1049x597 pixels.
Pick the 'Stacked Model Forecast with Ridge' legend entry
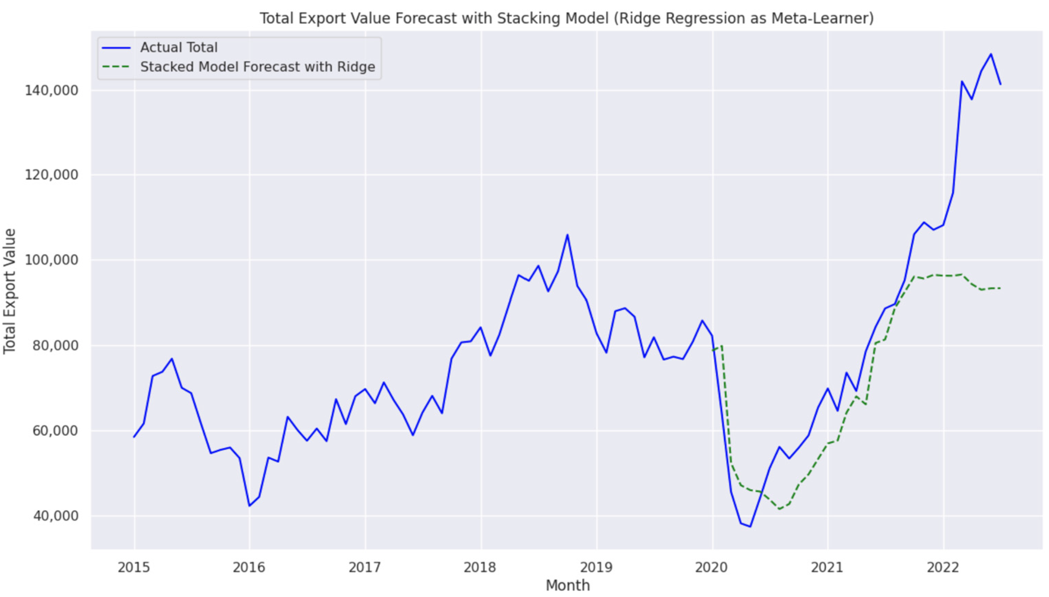point(257,67)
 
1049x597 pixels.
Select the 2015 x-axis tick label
point(134,568)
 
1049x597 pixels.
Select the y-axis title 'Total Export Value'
point(10,291)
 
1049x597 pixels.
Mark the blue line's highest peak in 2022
point(991,54)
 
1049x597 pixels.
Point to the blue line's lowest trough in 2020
point(750,526)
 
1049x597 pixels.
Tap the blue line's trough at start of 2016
point(249,506)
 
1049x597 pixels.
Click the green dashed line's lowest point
point(779,509)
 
